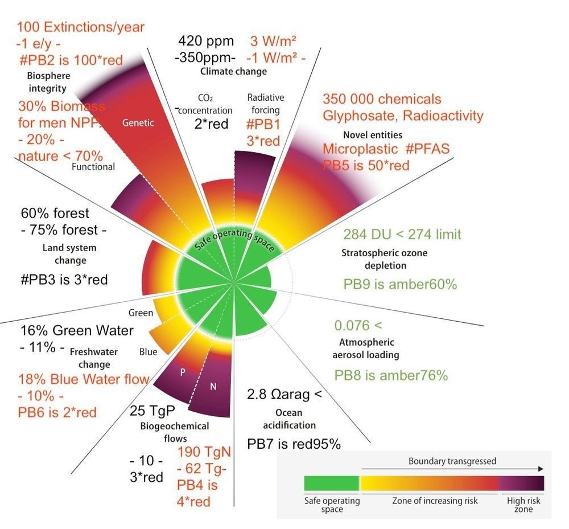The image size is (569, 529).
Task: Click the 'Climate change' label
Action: click(x=233, y=71)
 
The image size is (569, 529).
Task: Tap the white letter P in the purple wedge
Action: click(x=183, y=372)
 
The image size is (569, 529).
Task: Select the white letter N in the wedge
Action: click(x=213, y=387)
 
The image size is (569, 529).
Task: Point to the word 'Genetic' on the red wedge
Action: click(x=138, y=122)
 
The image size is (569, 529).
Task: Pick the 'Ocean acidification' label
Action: click(x=287, y=419)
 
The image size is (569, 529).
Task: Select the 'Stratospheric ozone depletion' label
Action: click(x=384, y=259)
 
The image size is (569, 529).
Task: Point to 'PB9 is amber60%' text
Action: click(x=400, y=284)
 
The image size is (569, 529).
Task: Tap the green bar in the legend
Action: click(x=331, y=483)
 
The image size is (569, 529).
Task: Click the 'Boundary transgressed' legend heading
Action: click(x=452, y=461)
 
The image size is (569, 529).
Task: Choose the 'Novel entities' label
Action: click(x=373, y=135)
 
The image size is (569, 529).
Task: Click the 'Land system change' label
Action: click(x=69, y=254)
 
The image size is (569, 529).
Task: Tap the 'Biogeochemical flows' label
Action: click(x=174, y=432)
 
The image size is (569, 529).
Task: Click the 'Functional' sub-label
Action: click(x=93, y=166)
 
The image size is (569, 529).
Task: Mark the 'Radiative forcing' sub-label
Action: click(x=266, y=102)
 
